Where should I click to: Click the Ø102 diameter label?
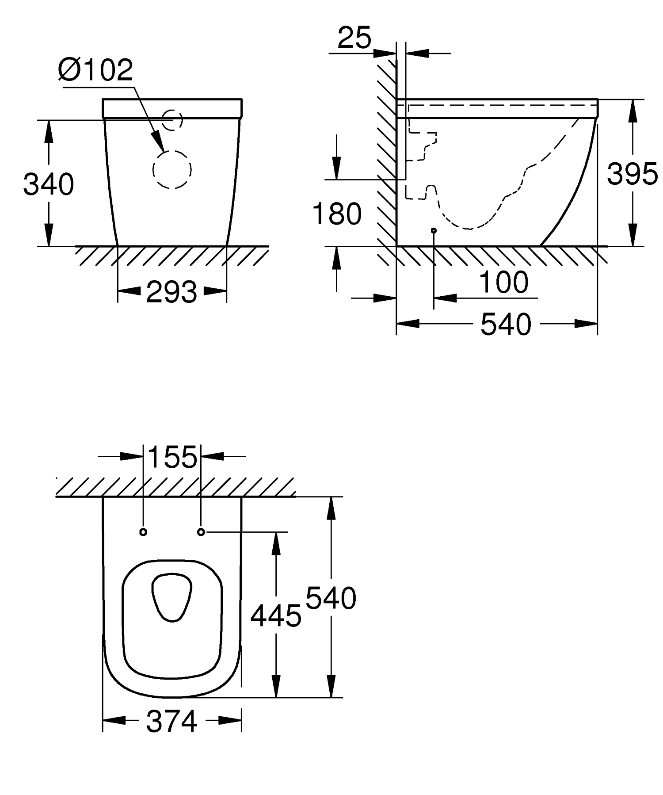pyautogui.click(x=95, y=70)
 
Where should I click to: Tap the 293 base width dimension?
pyautogui.click(x=171, y=292)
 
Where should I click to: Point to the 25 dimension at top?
pyautogui.click(x=354, y=38)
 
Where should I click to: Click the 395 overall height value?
pyautogui.click(x=632, y=174)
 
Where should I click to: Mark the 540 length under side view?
pyautogui.click(x=506, y=324)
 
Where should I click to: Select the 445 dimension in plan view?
pyautogui.click(x=276, y=615)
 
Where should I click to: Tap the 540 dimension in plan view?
pyautogui.click(x=331, y=599)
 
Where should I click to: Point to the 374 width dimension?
pyautogui.click(x=171, y=722)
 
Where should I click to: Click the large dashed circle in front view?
pyautogui.click(x=172, y=169)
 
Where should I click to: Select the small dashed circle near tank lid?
pyautogui.click(x=172, y=119)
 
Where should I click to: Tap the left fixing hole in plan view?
pyautogui.click(x=143, y=532)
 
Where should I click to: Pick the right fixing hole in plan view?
pyautogui.click(x=201, y=532)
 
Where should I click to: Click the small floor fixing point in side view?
pyautogui.click(x=434, y=230)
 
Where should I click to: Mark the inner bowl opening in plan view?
pyautogui.click(x=172, y=597)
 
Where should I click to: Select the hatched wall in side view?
pyautogui.click(x=387, y=155)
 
